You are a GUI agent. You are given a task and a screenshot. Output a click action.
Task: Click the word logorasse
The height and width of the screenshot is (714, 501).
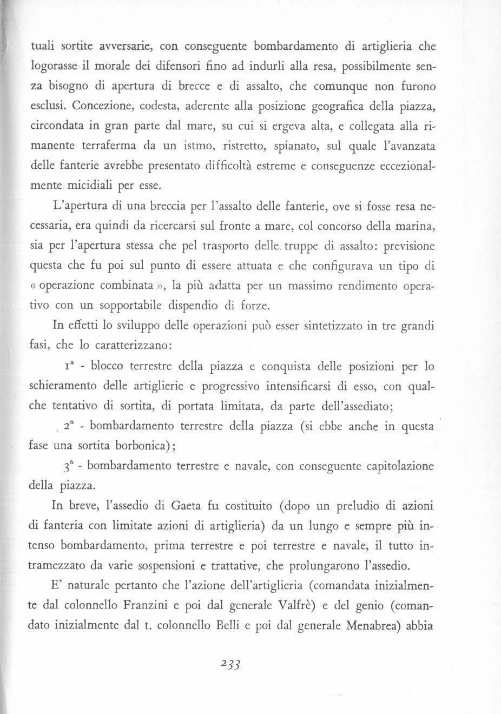point(49,66)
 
